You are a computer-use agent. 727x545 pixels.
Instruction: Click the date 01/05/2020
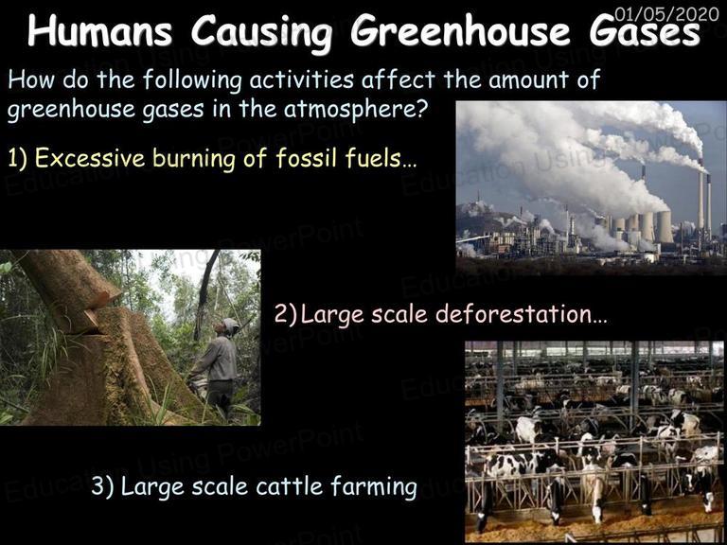(x=666, y=14)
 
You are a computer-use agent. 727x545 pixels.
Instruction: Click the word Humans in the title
(x=99, y=30)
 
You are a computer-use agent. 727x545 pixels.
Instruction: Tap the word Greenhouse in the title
(x=460, y=32)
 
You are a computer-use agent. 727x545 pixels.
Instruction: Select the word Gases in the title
(x=645, y=31)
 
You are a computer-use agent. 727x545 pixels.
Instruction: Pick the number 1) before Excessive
(x=18, y=159)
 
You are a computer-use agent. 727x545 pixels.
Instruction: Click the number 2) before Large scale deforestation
(x=285, y=315)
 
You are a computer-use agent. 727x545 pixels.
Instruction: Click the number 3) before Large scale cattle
(x=102, y=486)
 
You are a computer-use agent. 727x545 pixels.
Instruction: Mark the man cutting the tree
(x=217, y=366)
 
